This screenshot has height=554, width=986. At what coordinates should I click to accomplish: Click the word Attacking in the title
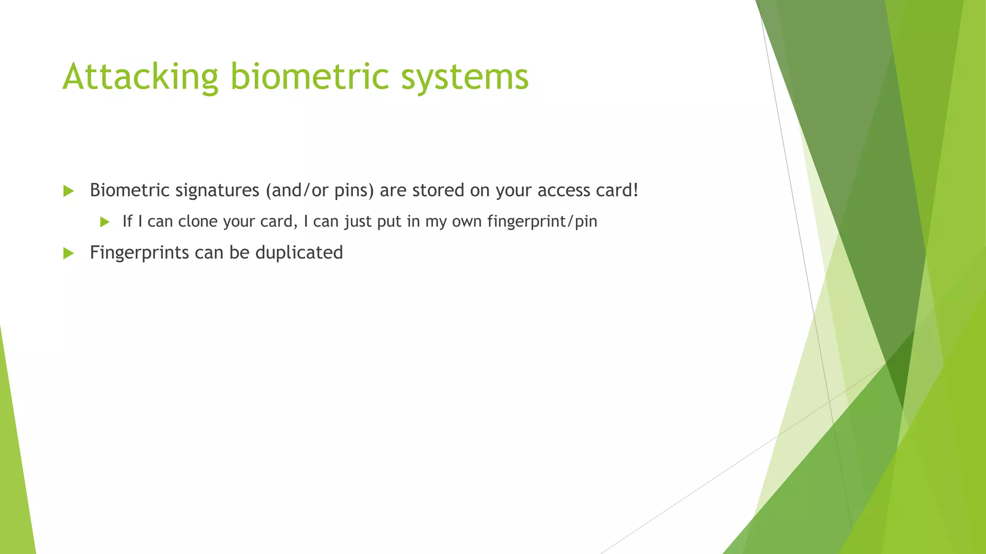[x=140, y=77]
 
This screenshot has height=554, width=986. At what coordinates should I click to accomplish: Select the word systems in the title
[x=465, y=77]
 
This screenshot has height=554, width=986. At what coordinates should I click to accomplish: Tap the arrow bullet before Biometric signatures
[x=68, y=191]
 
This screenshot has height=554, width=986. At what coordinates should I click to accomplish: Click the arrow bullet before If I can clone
[x=105, y=222]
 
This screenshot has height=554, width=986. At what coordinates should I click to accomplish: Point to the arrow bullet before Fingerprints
[x=68, y=253]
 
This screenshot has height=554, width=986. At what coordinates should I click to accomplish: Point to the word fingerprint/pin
[x=542, y=221]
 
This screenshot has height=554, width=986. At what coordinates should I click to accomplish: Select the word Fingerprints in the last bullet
[x=139, y=252]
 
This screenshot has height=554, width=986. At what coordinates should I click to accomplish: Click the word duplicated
[x=299, y=252]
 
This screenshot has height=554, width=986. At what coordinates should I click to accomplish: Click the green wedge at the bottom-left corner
[x=14, y=481]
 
